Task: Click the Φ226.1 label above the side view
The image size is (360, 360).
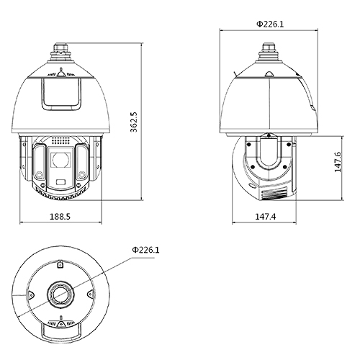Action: coord(270,24)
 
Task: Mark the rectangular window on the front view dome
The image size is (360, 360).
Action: coord(61,94)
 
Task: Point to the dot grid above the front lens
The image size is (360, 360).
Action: coord(61,141)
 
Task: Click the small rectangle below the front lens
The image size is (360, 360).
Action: coord(61,181)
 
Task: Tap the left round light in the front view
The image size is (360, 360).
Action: coord(38,176)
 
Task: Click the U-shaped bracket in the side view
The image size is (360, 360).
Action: coord(270,158)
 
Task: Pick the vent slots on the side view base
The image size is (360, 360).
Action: coord(277,192)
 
